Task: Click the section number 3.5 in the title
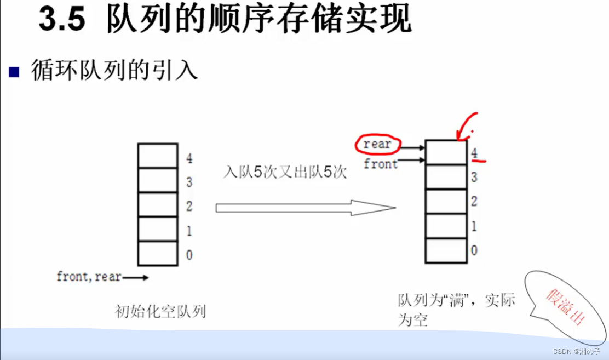(62, 21)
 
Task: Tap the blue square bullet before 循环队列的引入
(14, 72)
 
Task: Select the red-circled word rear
(378, 145)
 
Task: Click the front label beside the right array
(381, 163)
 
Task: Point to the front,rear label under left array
(89, 277)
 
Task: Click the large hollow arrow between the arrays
(305, 208)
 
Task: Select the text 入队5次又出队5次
(285, 172)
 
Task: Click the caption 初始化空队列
(160, 312)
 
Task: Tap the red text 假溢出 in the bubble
(565, 306)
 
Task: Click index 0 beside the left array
(189, 255)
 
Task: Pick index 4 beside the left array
(189, 159)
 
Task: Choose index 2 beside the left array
(189, 207)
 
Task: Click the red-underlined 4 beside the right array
(474, 154)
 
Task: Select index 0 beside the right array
(474, 250)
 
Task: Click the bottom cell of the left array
(158, 253)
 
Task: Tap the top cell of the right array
(446, 152)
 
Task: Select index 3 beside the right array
(474, 177)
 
